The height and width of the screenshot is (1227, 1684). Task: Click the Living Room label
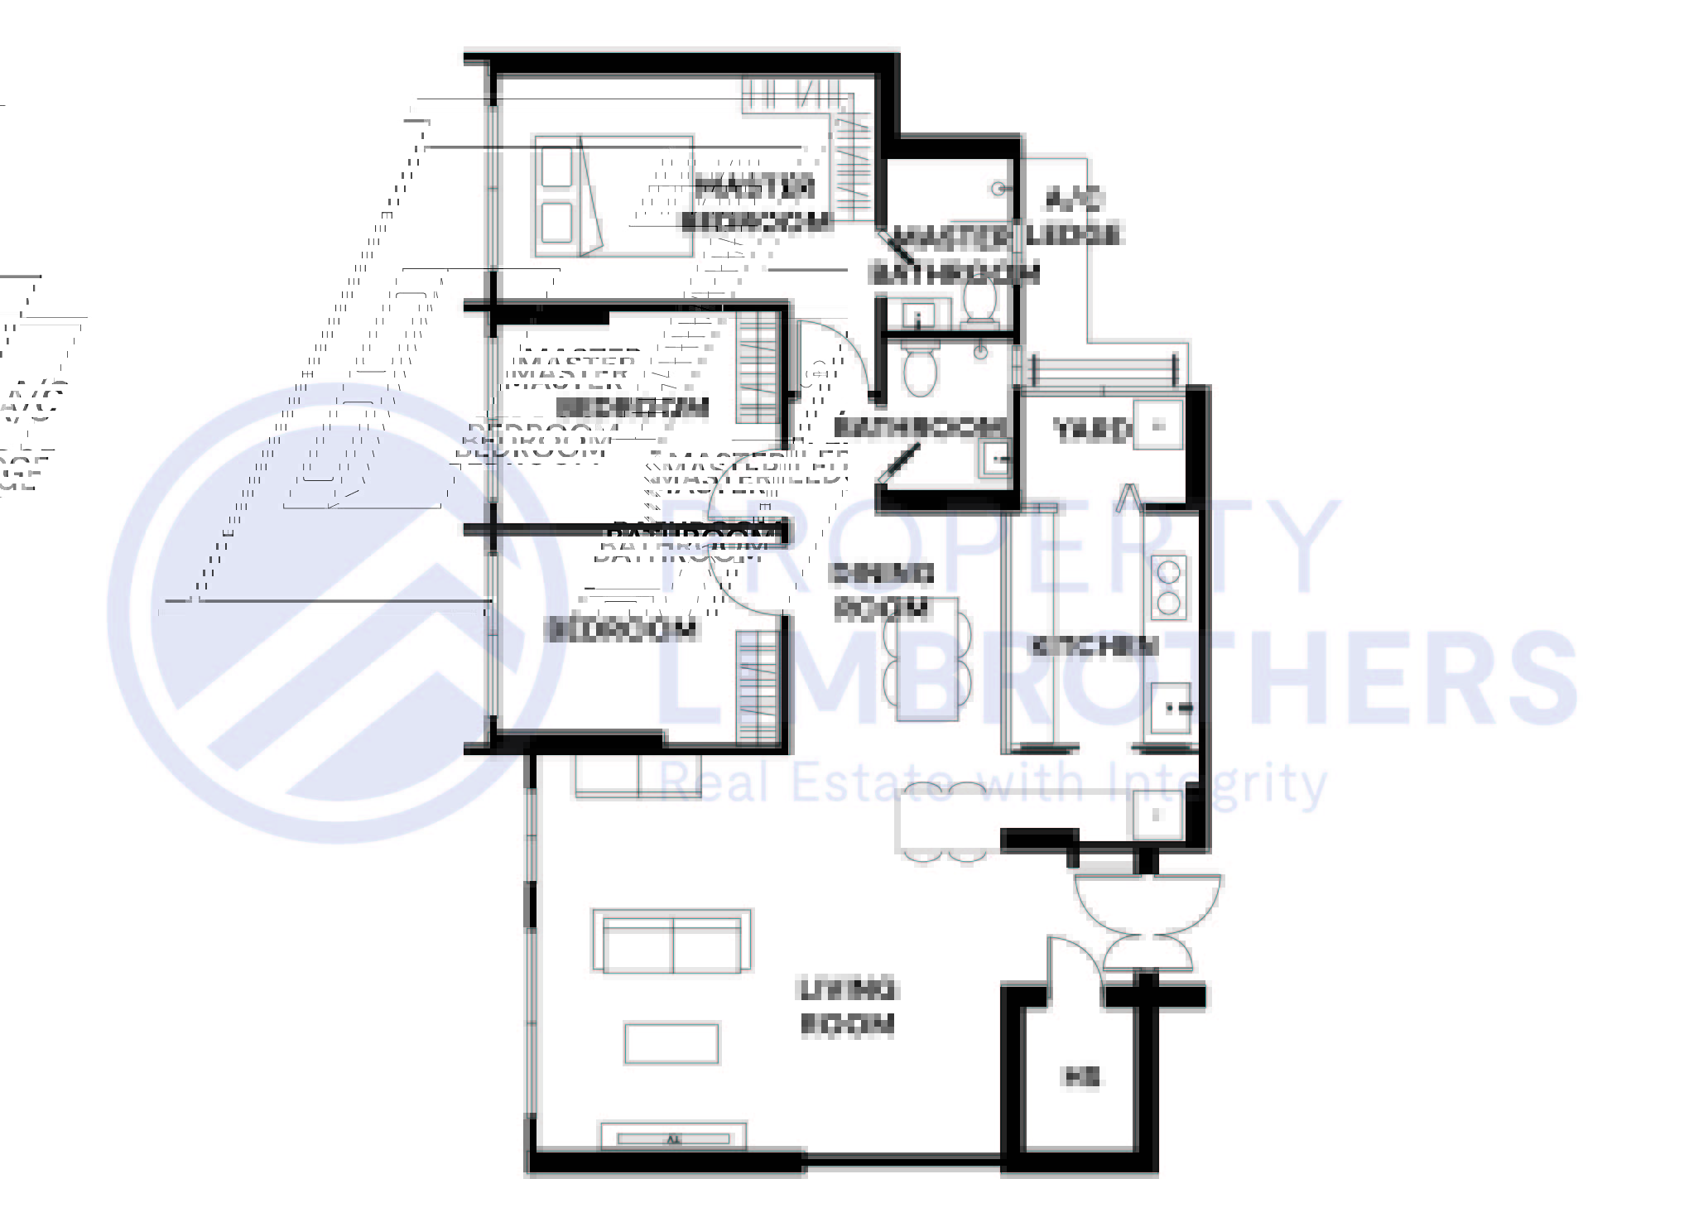[x=846, y=1008]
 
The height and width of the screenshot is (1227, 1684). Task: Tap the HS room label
[x=1080, y=1077]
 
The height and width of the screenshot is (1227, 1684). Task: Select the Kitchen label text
[x=1093, y=646]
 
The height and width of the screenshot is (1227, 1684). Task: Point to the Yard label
[x=1091, y=430]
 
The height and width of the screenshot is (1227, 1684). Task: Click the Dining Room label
[x=882, y=591]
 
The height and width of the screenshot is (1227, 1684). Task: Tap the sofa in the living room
[x=671, y=941]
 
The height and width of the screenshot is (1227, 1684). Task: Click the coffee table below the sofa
[x=671, y=1043]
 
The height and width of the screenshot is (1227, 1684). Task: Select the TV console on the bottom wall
[x=673, y=1138]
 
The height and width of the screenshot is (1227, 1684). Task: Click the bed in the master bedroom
[x=613, y=196]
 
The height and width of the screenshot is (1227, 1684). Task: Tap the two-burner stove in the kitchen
[x=1168, y=586]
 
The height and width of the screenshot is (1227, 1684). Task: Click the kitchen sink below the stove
[x=1171, y=708]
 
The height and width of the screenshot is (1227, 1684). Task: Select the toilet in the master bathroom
[x=980, y=300]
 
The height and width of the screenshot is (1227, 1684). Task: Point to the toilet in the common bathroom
[x=919, y=372]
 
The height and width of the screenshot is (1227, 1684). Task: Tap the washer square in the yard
[x=1157, y=426]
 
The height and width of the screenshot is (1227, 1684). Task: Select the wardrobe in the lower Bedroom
[x=758, y=686]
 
